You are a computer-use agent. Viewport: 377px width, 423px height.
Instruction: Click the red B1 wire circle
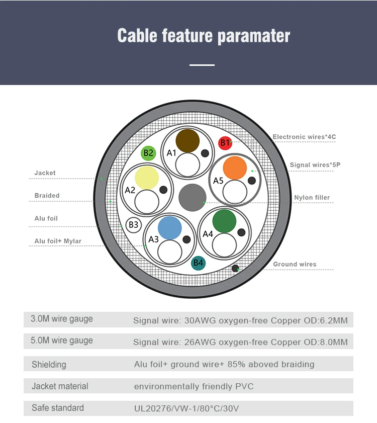click(225, 143)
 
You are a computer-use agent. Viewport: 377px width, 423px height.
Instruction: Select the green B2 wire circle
click(148, 153)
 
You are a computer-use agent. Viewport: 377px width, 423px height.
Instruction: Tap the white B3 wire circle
click(134, 225)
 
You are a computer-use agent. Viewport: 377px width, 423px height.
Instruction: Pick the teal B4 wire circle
click(199, 263)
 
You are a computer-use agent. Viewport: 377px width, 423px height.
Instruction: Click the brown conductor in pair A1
click(187, 141)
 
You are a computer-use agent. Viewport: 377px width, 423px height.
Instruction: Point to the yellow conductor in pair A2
click(147, 178)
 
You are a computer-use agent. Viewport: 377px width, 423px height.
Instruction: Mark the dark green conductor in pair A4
click(224, 221)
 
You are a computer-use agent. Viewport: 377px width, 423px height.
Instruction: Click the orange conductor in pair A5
click(235, 167)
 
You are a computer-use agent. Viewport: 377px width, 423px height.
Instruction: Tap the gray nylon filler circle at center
click(193, 197)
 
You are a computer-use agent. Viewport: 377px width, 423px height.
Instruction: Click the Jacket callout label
click(45, 173)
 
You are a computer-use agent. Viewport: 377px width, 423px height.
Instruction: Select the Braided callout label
click(47, 196)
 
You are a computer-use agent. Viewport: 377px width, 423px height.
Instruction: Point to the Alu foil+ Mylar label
click(58, 241)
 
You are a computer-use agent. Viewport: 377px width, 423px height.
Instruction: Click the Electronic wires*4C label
click(304, 137)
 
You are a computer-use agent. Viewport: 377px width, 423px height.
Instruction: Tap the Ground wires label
click(295, 264)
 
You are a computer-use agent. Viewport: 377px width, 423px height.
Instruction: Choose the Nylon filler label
click(312, 198)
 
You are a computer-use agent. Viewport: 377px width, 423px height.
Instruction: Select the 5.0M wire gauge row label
click(62, 341)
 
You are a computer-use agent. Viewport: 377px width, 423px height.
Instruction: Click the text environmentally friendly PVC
click(194, 386)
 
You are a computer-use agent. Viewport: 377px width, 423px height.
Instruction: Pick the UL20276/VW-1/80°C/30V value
click(186, 408)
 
